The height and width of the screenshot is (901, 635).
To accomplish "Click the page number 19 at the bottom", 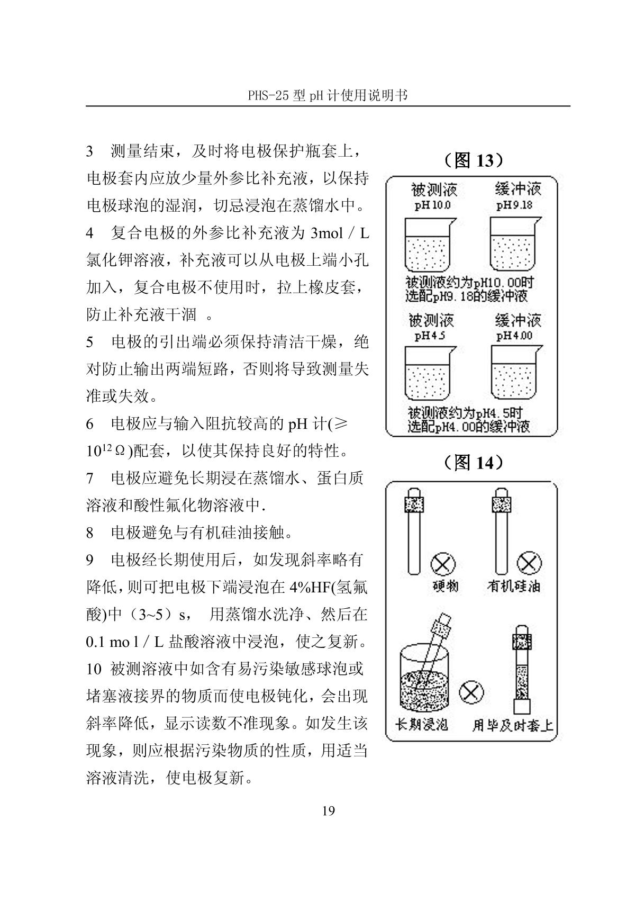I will pyautogui.click(x=328, y=810).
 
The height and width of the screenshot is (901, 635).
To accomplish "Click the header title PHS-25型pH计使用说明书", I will pyautogui.click(x=328, y=95).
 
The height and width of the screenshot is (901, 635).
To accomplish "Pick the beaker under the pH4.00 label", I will pyautogui.click(x=514, y=373).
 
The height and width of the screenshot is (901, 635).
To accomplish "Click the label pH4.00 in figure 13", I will pyautogui.click(x=514, y=336).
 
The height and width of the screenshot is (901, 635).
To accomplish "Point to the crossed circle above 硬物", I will pyautogui.click(x=443, y=564).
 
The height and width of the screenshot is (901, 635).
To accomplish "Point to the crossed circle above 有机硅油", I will pyautogui.click(x=529, y=563).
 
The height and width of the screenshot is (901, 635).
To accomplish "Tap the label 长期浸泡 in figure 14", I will pyautogui.click(x=422, y=724).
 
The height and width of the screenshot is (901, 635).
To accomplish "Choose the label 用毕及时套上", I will pyautogui.click(x=512, y=725).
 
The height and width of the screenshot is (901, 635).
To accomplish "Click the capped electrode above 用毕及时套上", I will pyautogui.click(x=522, y=668).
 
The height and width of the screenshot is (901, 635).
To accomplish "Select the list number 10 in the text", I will pyautogui.click(x=94, y=669).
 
